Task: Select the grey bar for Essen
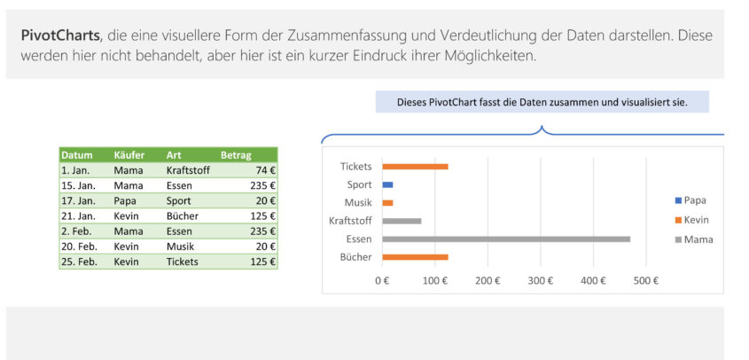click(x=505, y=239)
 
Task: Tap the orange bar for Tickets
click(x=415, y=166)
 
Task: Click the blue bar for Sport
click(x=387, y=184)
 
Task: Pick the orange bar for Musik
click(x=387, y=203)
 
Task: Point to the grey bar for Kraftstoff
click(x=402, y=221)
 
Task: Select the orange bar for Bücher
click(x=415, y=257)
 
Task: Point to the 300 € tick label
click(x=540, y=280)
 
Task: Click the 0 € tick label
click(x=382, y=280)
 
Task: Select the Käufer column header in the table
click(x=129, y=155)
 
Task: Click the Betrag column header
click(x=236, y=155)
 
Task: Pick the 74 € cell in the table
click(x=264, y=170)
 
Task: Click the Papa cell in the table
click(x=125, y=200)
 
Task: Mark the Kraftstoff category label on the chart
click(x=350, y=221)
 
